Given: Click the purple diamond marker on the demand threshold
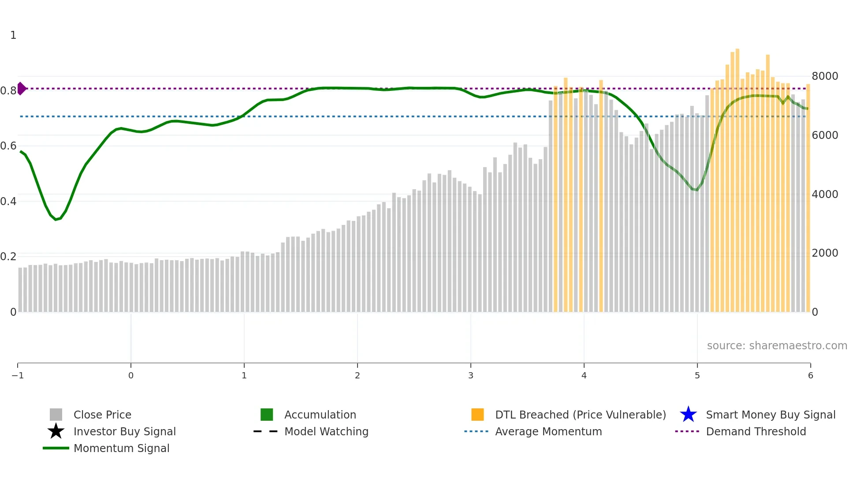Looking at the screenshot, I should tap(21, 89).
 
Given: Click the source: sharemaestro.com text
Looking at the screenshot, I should tap(777, 346).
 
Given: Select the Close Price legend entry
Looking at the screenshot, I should tap(102, 415).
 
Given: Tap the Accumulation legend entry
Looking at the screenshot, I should tap(320, 415).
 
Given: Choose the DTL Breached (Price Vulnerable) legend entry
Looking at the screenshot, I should tap(580, 415).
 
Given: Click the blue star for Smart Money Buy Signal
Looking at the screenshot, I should tap(688, 415).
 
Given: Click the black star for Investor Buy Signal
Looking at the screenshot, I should tap(56, 432).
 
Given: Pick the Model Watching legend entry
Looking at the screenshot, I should tap(326, 432).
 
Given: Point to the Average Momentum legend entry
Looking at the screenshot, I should tap(548, 432).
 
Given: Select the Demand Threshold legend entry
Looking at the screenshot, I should tap(756, 432).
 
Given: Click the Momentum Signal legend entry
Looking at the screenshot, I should tap(121, 449).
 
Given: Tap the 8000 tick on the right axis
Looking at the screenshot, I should tap(825, 76).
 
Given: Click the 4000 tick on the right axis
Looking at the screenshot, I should tap(825, 194).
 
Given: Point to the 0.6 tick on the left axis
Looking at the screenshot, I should tap(8, 146).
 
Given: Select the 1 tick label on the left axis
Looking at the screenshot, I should tap(13, 35).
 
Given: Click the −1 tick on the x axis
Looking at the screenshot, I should tap(18, 376).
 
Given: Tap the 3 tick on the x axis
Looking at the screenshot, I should tap(471, 376).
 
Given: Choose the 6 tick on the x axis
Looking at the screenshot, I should tap(810, 376).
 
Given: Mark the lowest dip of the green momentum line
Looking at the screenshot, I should tap(56, 219).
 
